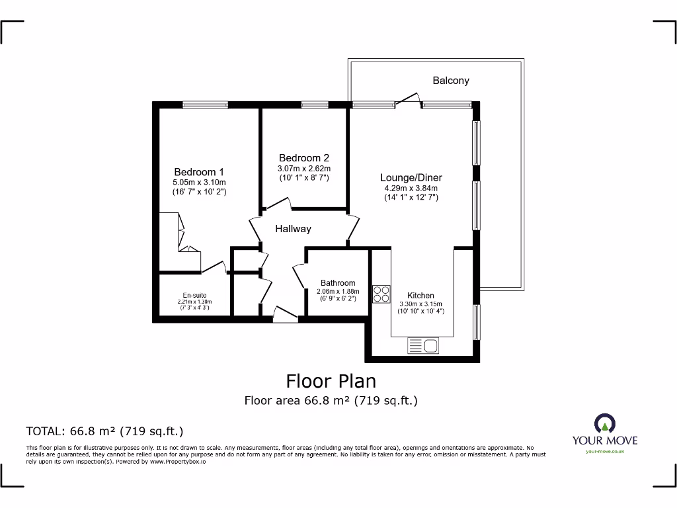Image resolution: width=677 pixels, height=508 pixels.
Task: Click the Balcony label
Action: click(451, 81)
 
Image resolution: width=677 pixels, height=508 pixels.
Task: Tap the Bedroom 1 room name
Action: click(199, 172)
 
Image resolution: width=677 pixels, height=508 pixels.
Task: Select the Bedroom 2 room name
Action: click(303, 158)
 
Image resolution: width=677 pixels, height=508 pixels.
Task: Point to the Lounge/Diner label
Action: click(411, 177)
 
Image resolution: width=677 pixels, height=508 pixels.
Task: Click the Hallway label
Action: click(293, 229)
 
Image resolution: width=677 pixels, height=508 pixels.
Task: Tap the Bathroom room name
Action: click(338, 283)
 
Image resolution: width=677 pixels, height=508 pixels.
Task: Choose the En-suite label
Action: click(195, 296)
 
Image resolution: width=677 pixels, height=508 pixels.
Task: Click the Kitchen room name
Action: click(420, 296)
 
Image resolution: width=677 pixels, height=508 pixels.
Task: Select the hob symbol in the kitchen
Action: click(381, 294)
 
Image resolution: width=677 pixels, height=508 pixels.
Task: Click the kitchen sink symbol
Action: click(422, 345)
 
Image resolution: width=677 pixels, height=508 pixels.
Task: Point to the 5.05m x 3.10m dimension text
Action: click(199, 183)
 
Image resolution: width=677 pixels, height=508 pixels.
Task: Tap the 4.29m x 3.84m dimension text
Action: click(411, 188)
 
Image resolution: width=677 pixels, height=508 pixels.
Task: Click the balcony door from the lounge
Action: click(408, 99)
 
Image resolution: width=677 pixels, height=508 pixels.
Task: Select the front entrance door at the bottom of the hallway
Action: click(285, 314)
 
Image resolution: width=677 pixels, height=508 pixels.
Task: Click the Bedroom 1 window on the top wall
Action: click(206, 104)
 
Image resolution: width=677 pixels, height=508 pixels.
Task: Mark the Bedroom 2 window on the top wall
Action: click(315, 104)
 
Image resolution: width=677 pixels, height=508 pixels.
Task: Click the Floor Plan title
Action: click(331, 381)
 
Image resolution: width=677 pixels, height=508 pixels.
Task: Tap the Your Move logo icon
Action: click(604, 423)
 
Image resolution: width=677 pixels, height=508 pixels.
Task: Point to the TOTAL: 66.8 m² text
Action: click(104, 431)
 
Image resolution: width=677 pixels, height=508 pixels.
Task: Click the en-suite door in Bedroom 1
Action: click(214, 267)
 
